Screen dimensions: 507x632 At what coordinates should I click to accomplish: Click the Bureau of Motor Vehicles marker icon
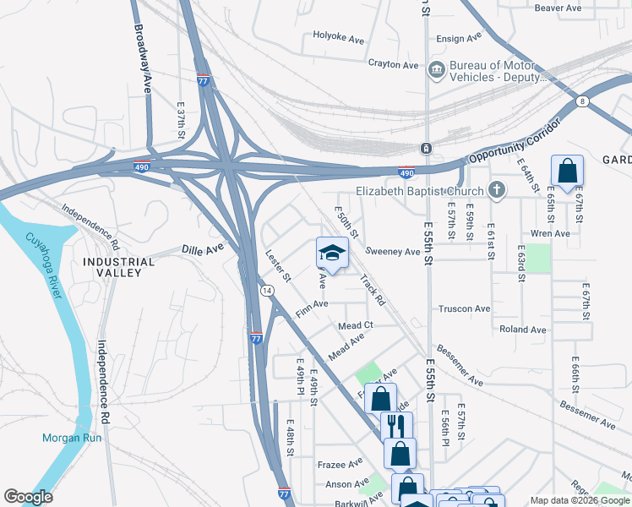tap(437, 69)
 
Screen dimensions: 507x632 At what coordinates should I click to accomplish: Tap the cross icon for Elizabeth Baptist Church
tap(498, 191)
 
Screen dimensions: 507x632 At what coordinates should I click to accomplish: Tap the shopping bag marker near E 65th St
tap(567, 171)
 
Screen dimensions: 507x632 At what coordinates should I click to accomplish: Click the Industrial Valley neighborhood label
tap(118, 267)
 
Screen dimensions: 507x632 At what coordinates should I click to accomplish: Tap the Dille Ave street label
tap(203, 249)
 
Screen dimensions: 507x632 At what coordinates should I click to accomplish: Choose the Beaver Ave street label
tap(558, 8)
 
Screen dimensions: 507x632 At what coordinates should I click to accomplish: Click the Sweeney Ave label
tap(392, 252)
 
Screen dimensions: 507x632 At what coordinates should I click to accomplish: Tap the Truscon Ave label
tap(464, 309)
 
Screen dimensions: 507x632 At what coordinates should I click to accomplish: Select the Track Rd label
tap(372, 289)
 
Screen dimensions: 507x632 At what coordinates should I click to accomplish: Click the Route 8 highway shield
tap(582, 101)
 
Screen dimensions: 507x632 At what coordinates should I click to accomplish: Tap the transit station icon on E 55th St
tap(427, 148)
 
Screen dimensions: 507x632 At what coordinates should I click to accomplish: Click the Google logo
tap(28, 497)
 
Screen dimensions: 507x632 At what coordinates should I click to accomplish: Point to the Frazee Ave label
tap(340, 463)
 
